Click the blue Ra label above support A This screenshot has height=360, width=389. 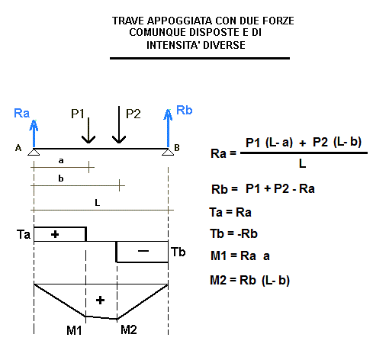click(x=21, y=113)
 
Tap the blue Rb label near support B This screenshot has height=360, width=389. click(x=185, y=110)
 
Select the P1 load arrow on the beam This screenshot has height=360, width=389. click(x=88, y=130)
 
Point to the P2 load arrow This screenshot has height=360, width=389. click(x=119, y=124)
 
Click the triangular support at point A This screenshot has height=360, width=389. click(x=34, y=152)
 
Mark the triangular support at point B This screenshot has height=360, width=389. click(x=168, y=152)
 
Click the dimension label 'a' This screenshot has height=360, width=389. click(x=61, y=160)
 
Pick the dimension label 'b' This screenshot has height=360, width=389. click(x=61, y=178)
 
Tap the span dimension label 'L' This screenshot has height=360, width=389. click(x=98, y=203)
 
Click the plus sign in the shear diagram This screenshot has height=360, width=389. click(x=55, y=234)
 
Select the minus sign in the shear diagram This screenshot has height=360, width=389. click(x=143, y=251)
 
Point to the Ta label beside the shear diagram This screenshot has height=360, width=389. click(x=24, y=234)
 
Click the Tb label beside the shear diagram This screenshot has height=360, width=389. click(x=178, y=252)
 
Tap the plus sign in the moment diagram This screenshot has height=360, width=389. click(x=100, y=301)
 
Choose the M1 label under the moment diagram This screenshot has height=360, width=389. click(x=74, y=330)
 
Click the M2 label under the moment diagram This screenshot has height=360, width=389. click(x=129, y=329)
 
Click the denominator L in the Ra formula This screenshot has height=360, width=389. click(x=302, y=163)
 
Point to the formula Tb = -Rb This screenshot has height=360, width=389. click(x=234, y=233)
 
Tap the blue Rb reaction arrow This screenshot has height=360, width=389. click(x=168, y=128)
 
